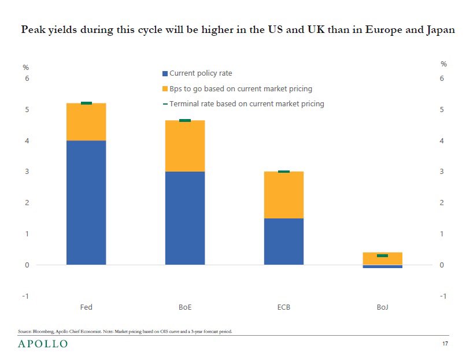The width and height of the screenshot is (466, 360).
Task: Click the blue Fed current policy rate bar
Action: coord(86,202)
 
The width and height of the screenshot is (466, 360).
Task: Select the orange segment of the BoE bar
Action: coord(185,146)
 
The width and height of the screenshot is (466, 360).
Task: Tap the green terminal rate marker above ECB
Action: coord(283,172)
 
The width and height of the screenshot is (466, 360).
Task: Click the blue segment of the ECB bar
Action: coord(283,242)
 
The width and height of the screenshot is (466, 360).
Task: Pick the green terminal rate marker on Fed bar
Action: coord(86,103)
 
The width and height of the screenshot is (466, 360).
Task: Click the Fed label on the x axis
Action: coord(86,307)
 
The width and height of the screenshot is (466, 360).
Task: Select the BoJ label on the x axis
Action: coord(382,307)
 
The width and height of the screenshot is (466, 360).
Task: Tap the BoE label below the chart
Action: coord(185,307)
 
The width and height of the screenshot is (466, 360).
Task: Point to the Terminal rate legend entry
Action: coord(246,104)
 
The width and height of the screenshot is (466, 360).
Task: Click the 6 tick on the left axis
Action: coord(25,79)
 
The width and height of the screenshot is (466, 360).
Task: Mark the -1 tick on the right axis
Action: coord(442,296)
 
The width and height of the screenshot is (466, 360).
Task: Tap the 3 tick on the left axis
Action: coord(25,172)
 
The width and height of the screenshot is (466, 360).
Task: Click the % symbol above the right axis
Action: coord(443,64)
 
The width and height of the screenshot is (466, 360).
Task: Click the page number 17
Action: coord(445,344)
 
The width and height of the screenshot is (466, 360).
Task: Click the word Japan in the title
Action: coord(439,29)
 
